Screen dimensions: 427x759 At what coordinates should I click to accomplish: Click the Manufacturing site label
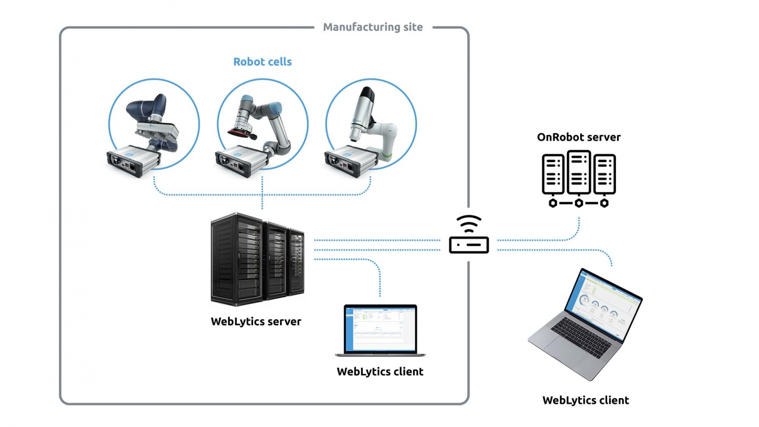373,27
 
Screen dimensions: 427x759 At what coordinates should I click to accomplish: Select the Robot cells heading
262,62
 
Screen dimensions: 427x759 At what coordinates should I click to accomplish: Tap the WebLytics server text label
256,322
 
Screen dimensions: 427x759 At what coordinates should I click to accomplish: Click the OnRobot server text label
578,138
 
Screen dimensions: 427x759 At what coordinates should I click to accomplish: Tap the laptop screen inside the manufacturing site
380,328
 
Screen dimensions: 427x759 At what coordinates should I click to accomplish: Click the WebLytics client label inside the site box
379,372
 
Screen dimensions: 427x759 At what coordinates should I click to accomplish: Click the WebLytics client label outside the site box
585,401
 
